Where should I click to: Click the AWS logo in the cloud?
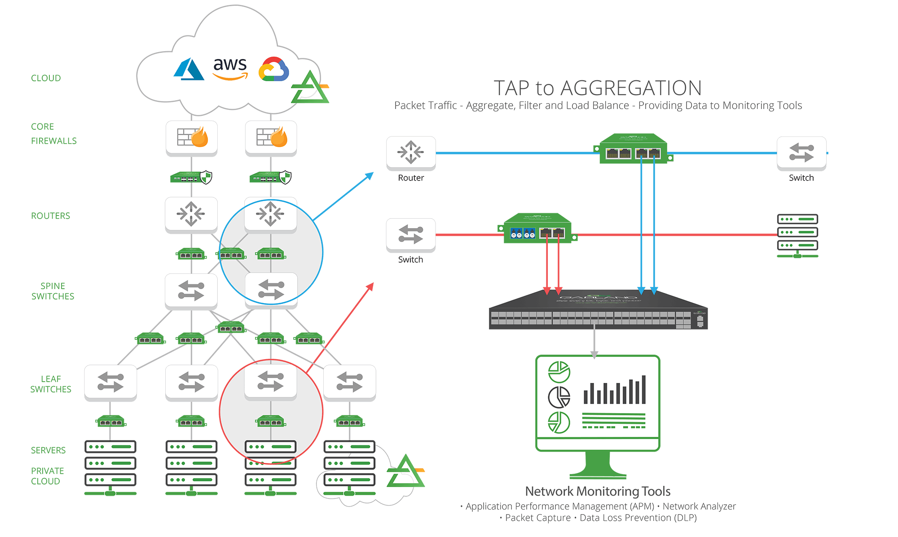(230, 69)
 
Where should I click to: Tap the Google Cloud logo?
(273, 69)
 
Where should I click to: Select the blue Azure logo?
(189, 70)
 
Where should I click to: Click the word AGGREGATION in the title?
(631, 88)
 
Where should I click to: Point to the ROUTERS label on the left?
(50, 216)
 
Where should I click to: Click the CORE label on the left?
(42, 127)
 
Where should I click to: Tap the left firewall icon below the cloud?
(192, 137)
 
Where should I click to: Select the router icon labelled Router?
(411, 153)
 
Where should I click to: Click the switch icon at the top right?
(801, 153)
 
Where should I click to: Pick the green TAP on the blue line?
(633, 149)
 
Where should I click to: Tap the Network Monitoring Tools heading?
(598, 491)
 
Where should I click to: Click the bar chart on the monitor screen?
(614, 390)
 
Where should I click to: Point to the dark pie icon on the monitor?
(559, 397)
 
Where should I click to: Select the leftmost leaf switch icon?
(110, 382)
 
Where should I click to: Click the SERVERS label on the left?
(48, 450)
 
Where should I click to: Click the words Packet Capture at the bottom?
(537, 518)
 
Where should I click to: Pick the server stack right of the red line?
(797, 235)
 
